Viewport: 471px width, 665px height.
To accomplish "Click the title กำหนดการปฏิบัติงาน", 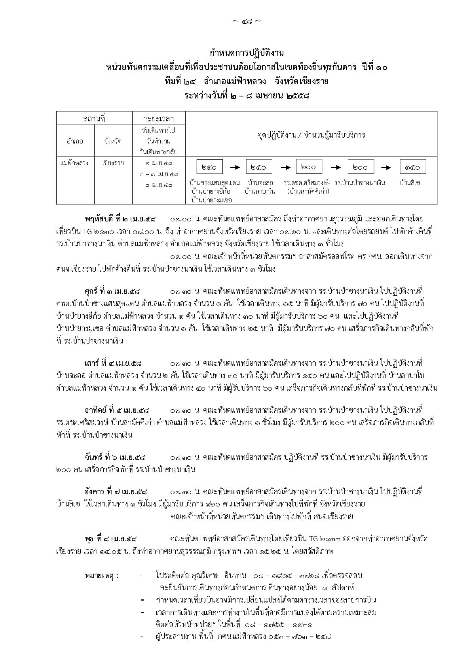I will [x=247, y=53].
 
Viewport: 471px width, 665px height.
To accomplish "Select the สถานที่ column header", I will [x=94, y=118].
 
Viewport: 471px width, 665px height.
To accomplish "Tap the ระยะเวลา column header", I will [x=159, y=118].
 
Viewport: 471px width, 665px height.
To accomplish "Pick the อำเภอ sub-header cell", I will [x=75, y=141].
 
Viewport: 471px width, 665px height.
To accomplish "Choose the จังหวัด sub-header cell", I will [x=113, y=141].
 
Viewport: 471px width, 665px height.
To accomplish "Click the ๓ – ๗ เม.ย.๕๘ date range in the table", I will [x=159, y=174].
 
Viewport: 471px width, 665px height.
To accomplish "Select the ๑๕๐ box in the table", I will [x=412, y=167].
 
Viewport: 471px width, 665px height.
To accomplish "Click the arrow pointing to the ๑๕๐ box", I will [x=387, y=167].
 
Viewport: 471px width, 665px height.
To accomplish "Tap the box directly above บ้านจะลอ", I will [x=259, y=167].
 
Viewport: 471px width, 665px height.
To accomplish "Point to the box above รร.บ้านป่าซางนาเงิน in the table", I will [x=360, y=167].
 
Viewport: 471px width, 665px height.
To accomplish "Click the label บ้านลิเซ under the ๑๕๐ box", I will [x=410, y=183].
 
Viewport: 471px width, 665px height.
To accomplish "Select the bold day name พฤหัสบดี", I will [x=99, y=219].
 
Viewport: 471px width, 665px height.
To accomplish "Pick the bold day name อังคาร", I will [x=95, y=492].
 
